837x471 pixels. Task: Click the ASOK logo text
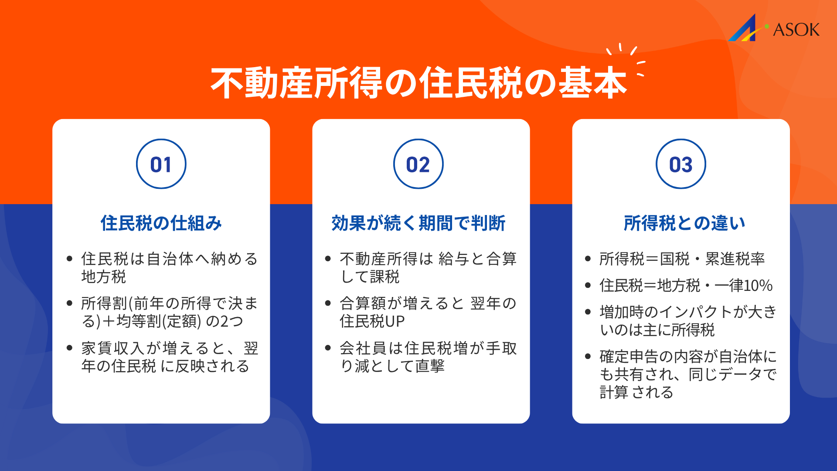click(x=796, y=30)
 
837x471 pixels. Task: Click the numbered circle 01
click(x=161, y=164)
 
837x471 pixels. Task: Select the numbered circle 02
click(x=418, y=164)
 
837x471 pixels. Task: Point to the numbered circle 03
click(x=680, y=164)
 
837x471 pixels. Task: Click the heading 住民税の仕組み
click(x=161, y=223)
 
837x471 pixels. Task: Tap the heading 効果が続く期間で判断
click(x=418, y=223)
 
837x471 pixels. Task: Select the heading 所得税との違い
click(x=684, y=223)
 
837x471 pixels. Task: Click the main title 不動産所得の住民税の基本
click(x=418, y=83)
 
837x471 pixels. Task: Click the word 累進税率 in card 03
click(x=735, y=259)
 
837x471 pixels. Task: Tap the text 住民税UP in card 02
click(x=372, y=321)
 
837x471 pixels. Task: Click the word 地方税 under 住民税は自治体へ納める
click(x=104, y=277)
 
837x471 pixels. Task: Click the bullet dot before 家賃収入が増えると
click(x=69, y=348)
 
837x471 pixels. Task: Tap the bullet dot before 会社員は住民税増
click(x=328, y=348)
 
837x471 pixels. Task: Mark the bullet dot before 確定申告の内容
click(x=588, y=356)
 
